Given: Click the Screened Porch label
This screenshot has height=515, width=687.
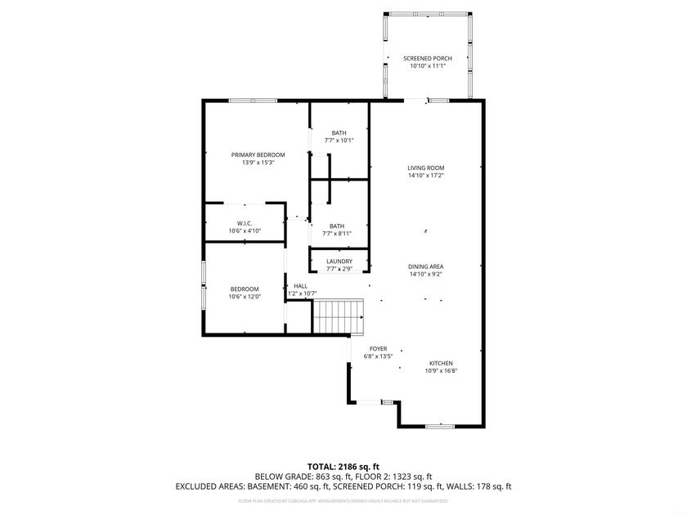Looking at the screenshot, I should (428, 59).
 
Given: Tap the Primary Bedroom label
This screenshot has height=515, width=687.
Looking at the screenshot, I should (258, 154).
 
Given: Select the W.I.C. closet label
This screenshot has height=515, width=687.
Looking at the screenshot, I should (244, 223).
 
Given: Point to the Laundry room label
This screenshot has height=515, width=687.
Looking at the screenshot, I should (339, 262).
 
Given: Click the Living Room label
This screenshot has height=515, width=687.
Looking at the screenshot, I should (425, 168).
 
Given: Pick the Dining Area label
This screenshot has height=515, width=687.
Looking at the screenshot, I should (425, 266).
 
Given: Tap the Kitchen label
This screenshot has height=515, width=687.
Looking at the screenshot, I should (440, 363).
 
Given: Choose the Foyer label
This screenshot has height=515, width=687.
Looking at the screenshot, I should (378, 348).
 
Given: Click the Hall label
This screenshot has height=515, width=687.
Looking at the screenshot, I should (301, 286).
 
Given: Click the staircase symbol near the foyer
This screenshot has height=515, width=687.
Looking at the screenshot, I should (339, 316).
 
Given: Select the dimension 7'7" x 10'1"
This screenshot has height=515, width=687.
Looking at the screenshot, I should (339, 140).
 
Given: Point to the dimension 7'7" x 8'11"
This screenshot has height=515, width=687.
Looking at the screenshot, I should (337, 233).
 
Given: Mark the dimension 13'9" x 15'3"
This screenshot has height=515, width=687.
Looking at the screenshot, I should (258, 162).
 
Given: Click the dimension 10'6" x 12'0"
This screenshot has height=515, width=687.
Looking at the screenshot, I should (244, 297).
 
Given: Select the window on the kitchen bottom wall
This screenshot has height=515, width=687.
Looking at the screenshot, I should (439, 426).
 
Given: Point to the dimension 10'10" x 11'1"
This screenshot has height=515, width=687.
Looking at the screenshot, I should (428, 66).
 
